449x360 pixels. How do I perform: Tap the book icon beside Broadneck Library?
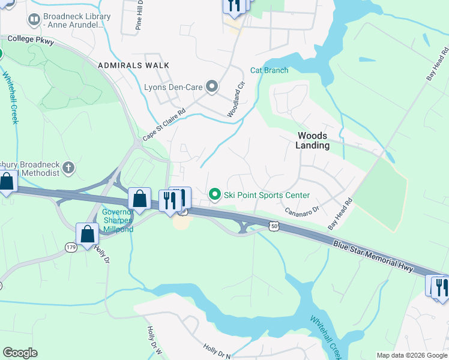click(x=34, y=20)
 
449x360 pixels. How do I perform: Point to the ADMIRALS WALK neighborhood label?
click(x=134, y=65)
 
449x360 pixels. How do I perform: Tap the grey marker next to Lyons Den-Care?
click(x=212, y=87)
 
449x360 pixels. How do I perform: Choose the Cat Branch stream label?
click(x=269, y=70)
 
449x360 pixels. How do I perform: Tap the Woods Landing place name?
click(x=313, y=140)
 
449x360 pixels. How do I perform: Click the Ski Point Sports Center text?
click(x=267, y=195)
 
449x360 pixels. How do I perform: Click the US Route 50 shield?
click(x=274, y=226)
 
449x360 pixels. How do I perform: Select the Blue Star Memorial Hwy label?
click(x=373, y=256)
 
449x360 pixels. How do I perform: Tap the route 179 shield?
click(x=71, y=247)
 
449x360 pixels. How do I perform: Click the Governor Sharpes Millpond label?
click(x=117, y=220)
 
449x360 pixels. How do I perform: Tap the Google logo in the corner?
click(x=20, y=353)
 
